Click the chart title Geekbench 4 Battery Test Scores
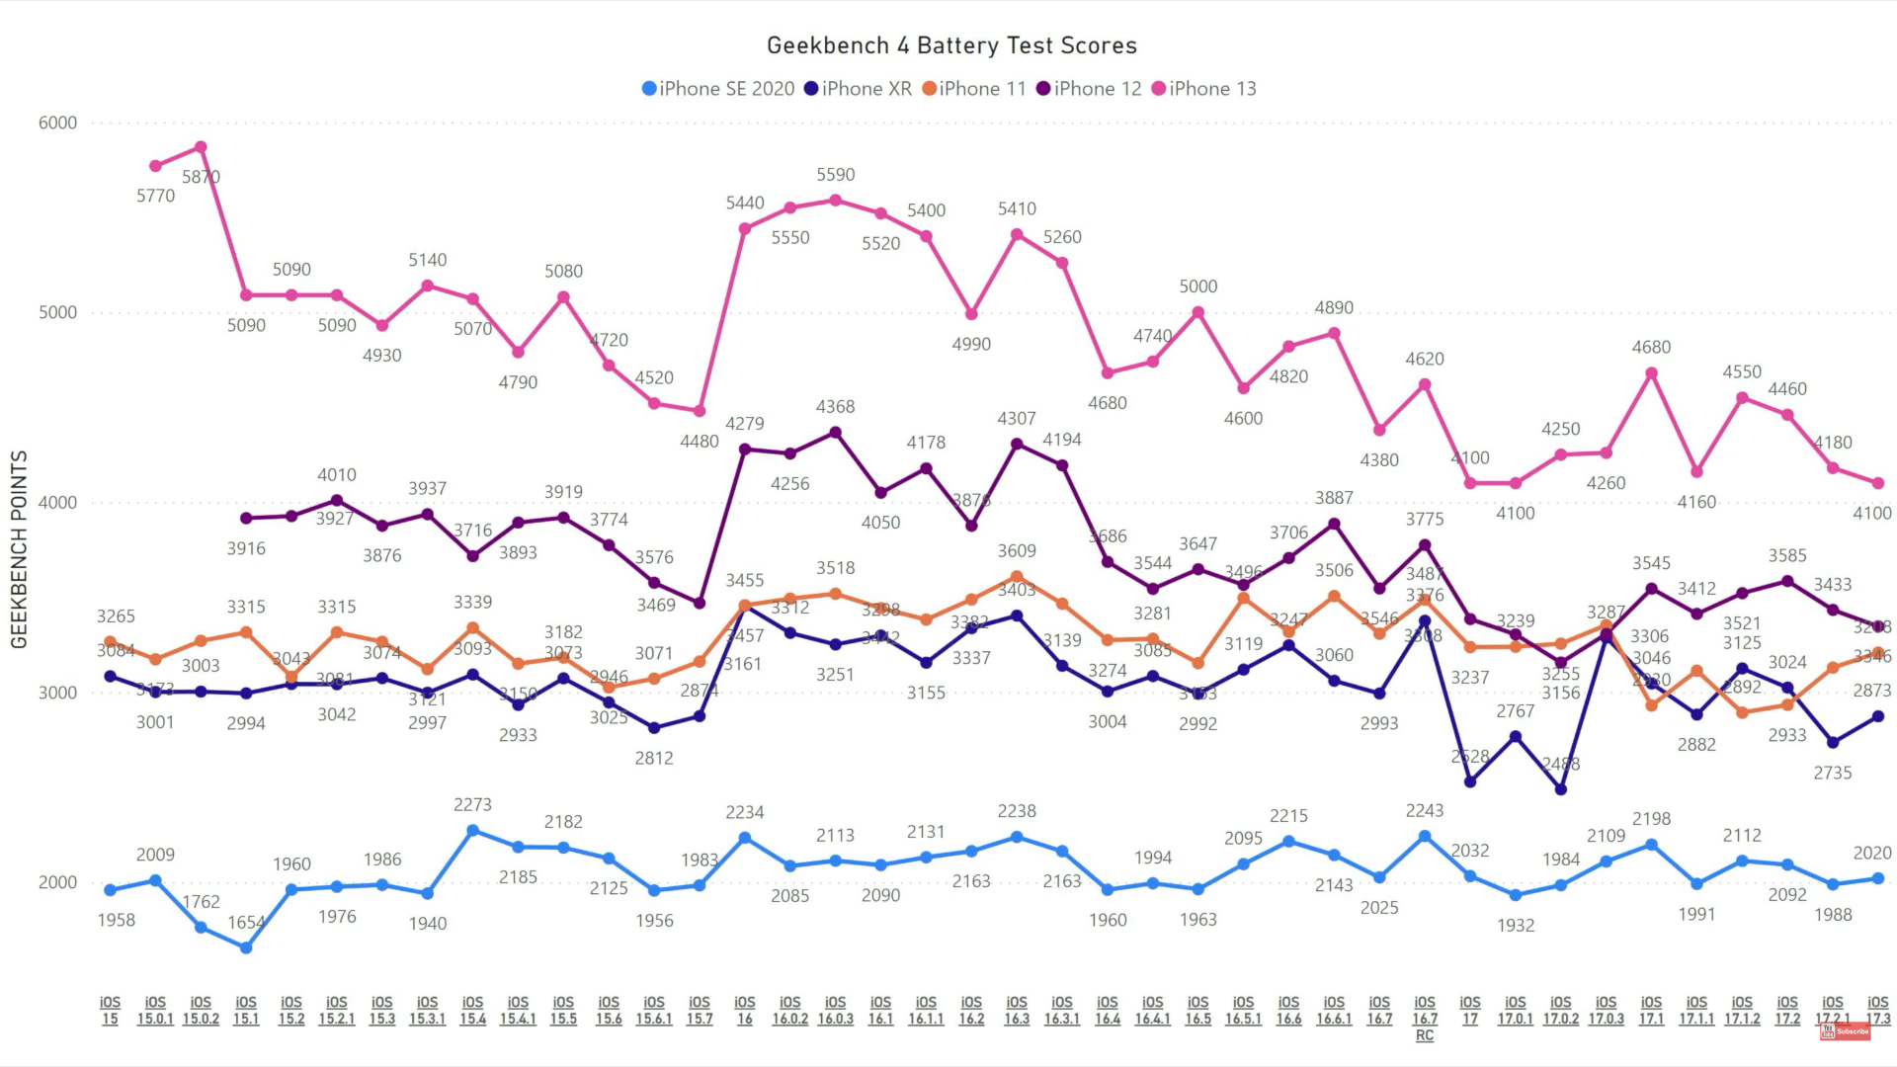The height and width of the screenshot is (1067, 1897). (951, 45)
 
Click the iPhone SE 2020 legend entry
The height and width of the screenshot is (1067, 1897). (718, 89)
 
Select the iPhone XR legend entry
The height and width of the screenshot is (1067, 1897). (858, 89)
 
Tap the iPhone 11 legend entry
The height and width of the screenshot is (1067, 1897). (974, 89)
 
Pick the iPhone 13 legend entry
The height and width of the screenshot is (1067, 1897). (1203, 89)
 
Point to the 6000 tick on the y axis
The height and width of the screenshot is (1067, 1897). (57, 123)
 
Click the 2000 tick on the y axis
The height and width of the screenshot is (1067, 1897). (57, 882)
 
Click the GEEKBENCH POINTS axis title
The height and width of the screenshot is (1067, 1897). (19, 549)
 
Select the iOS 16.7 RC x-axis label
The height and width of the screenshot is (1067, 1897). (1425, 1019)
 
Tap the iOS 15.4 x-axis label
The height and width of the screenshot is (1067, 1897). (472, 1011)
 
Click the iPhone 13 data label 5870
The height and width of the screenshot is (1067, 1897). (201, 177)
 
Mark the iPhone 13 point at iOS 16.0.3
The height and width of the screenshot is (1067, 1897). (835, 201)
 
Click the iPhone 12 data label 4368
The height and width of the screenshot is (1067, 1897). (835, 407)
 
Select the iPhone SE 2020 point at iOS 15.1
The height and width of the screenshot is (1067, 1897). (246, 947)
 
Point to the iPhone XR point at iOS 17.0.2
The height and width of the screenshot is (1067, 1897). (1561, 789)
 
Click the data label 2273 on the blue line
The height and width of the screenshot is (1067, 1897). (472, 805)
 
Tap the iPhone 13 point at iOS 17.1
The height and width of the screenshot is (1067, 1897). (1651, 373)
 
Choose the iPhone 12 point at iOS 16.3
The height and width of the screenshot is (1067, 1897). (1017, 445)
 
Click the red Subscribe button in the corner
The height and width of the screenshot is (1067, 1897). (1845, 1031)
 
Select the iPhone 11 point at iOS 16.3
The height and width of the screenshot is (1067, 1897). (1017, 577)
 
